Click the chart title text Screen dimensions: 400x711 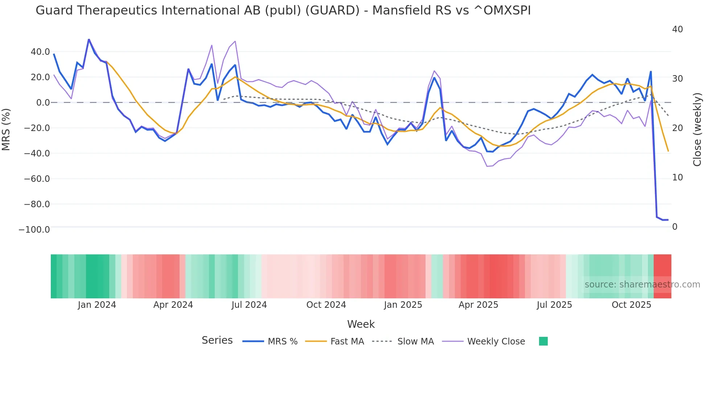tap(283, 11)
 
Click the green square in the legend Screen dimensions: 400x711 tap(543, 341)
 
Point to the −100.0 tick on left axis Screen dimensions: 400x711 tap(34, 230)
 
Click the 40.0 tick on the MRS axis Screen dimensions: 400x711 tap(40, 52)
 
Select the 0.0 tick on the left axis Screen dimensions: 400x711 tap(43, 103)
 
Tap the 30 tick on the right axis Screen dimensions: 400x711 tap(677, 79)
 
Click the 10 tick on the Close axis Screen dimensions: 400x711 tap(677, 177)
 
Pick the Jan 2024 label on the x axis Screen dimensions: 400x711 tap(97, 305)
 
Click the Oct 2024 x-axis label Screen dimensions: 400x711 tap(326, 305)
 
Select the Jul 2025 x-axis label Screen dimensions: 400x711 tap(554, 305)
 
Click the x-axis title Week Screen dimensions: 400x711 tap(361, 324)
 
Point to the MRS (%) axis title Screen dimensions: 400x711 tap(6, 129)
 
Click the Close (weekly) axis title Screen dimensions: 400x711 tap(697, 129)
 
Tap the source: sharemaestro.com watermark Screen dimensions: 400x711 tap(642, 285)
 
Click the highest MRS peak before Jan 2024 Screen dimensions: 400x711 tap(89, 40)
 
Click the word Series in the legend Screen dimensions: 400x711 tap(217, 340)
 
